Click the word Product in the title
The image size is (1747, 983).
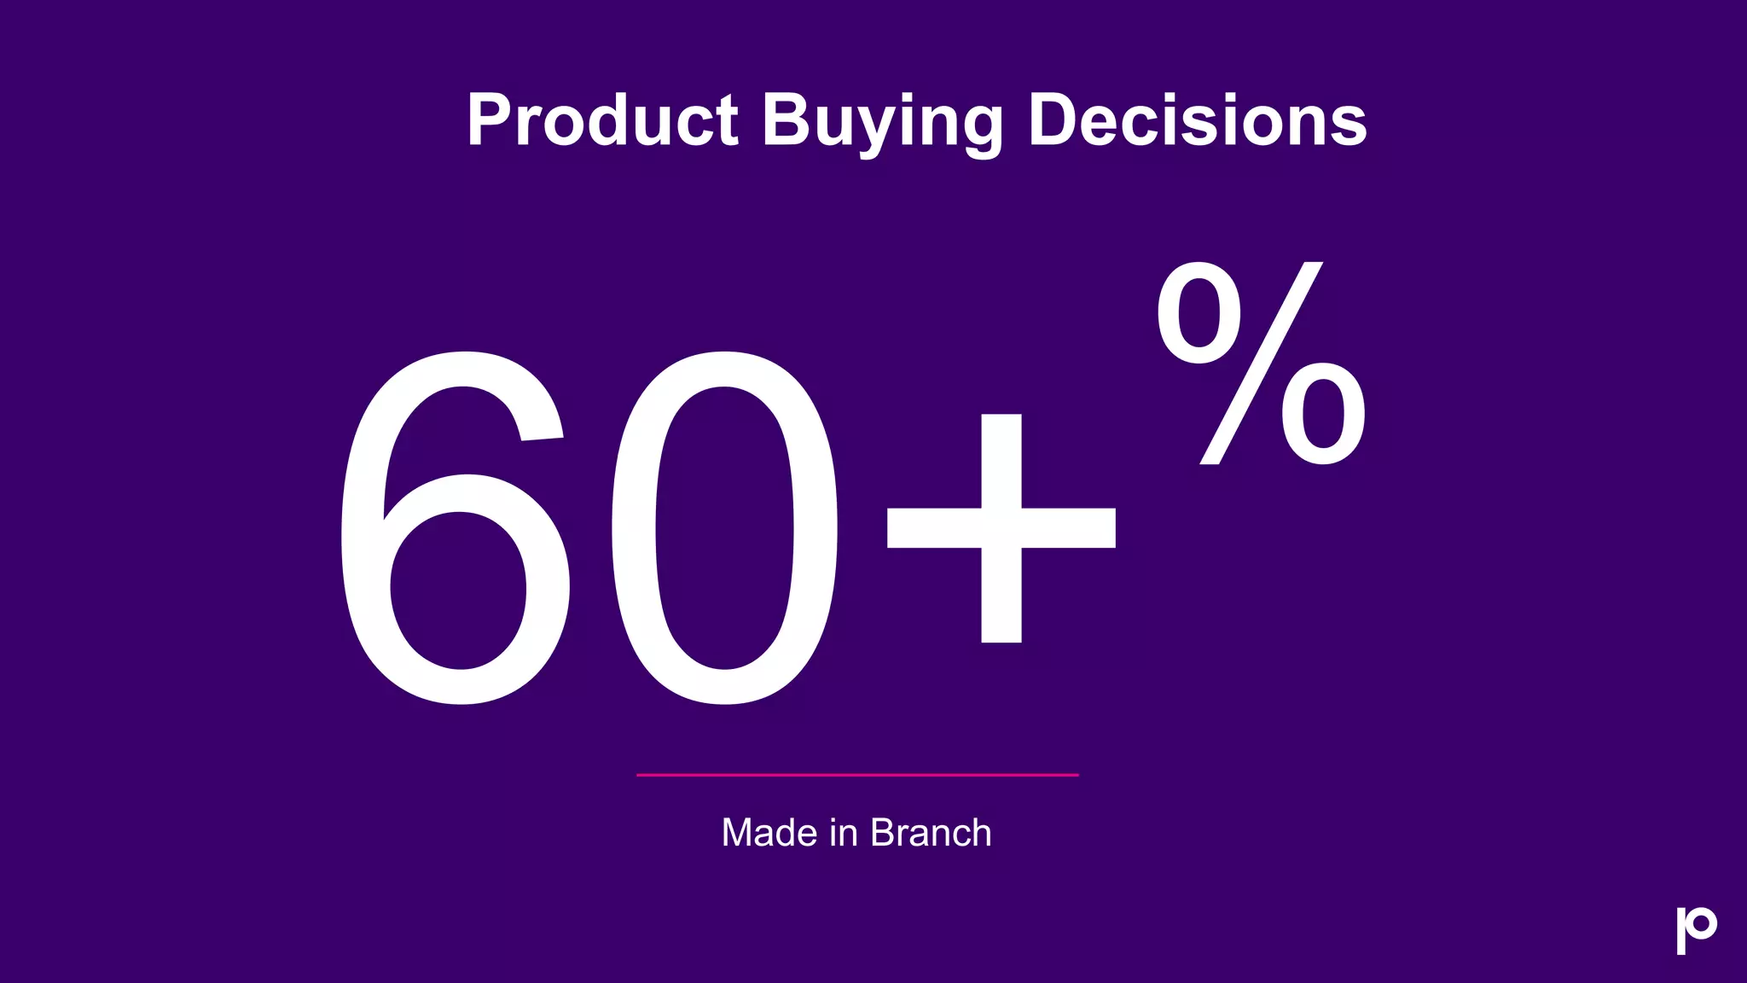[602, 120]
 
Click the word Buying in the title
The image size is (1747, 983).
[882, 120]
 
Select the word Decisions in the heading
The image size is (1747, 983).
[1197, 120]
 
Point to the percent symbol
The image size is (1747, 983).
[1261, 364]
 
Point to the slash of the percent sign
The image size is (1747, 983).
[1261, 364]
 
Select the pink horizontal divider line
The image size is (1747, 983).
[857, 775]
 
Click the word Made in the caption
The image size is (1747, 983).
[769, 833]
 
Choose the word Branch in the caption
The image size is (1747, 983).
[931, 833]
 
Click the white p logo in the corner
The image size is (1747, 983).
[1695, 930]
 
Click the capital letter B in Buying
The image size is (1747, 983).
[785, 120]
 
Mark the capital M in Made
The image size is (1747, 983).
[738, 833]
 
